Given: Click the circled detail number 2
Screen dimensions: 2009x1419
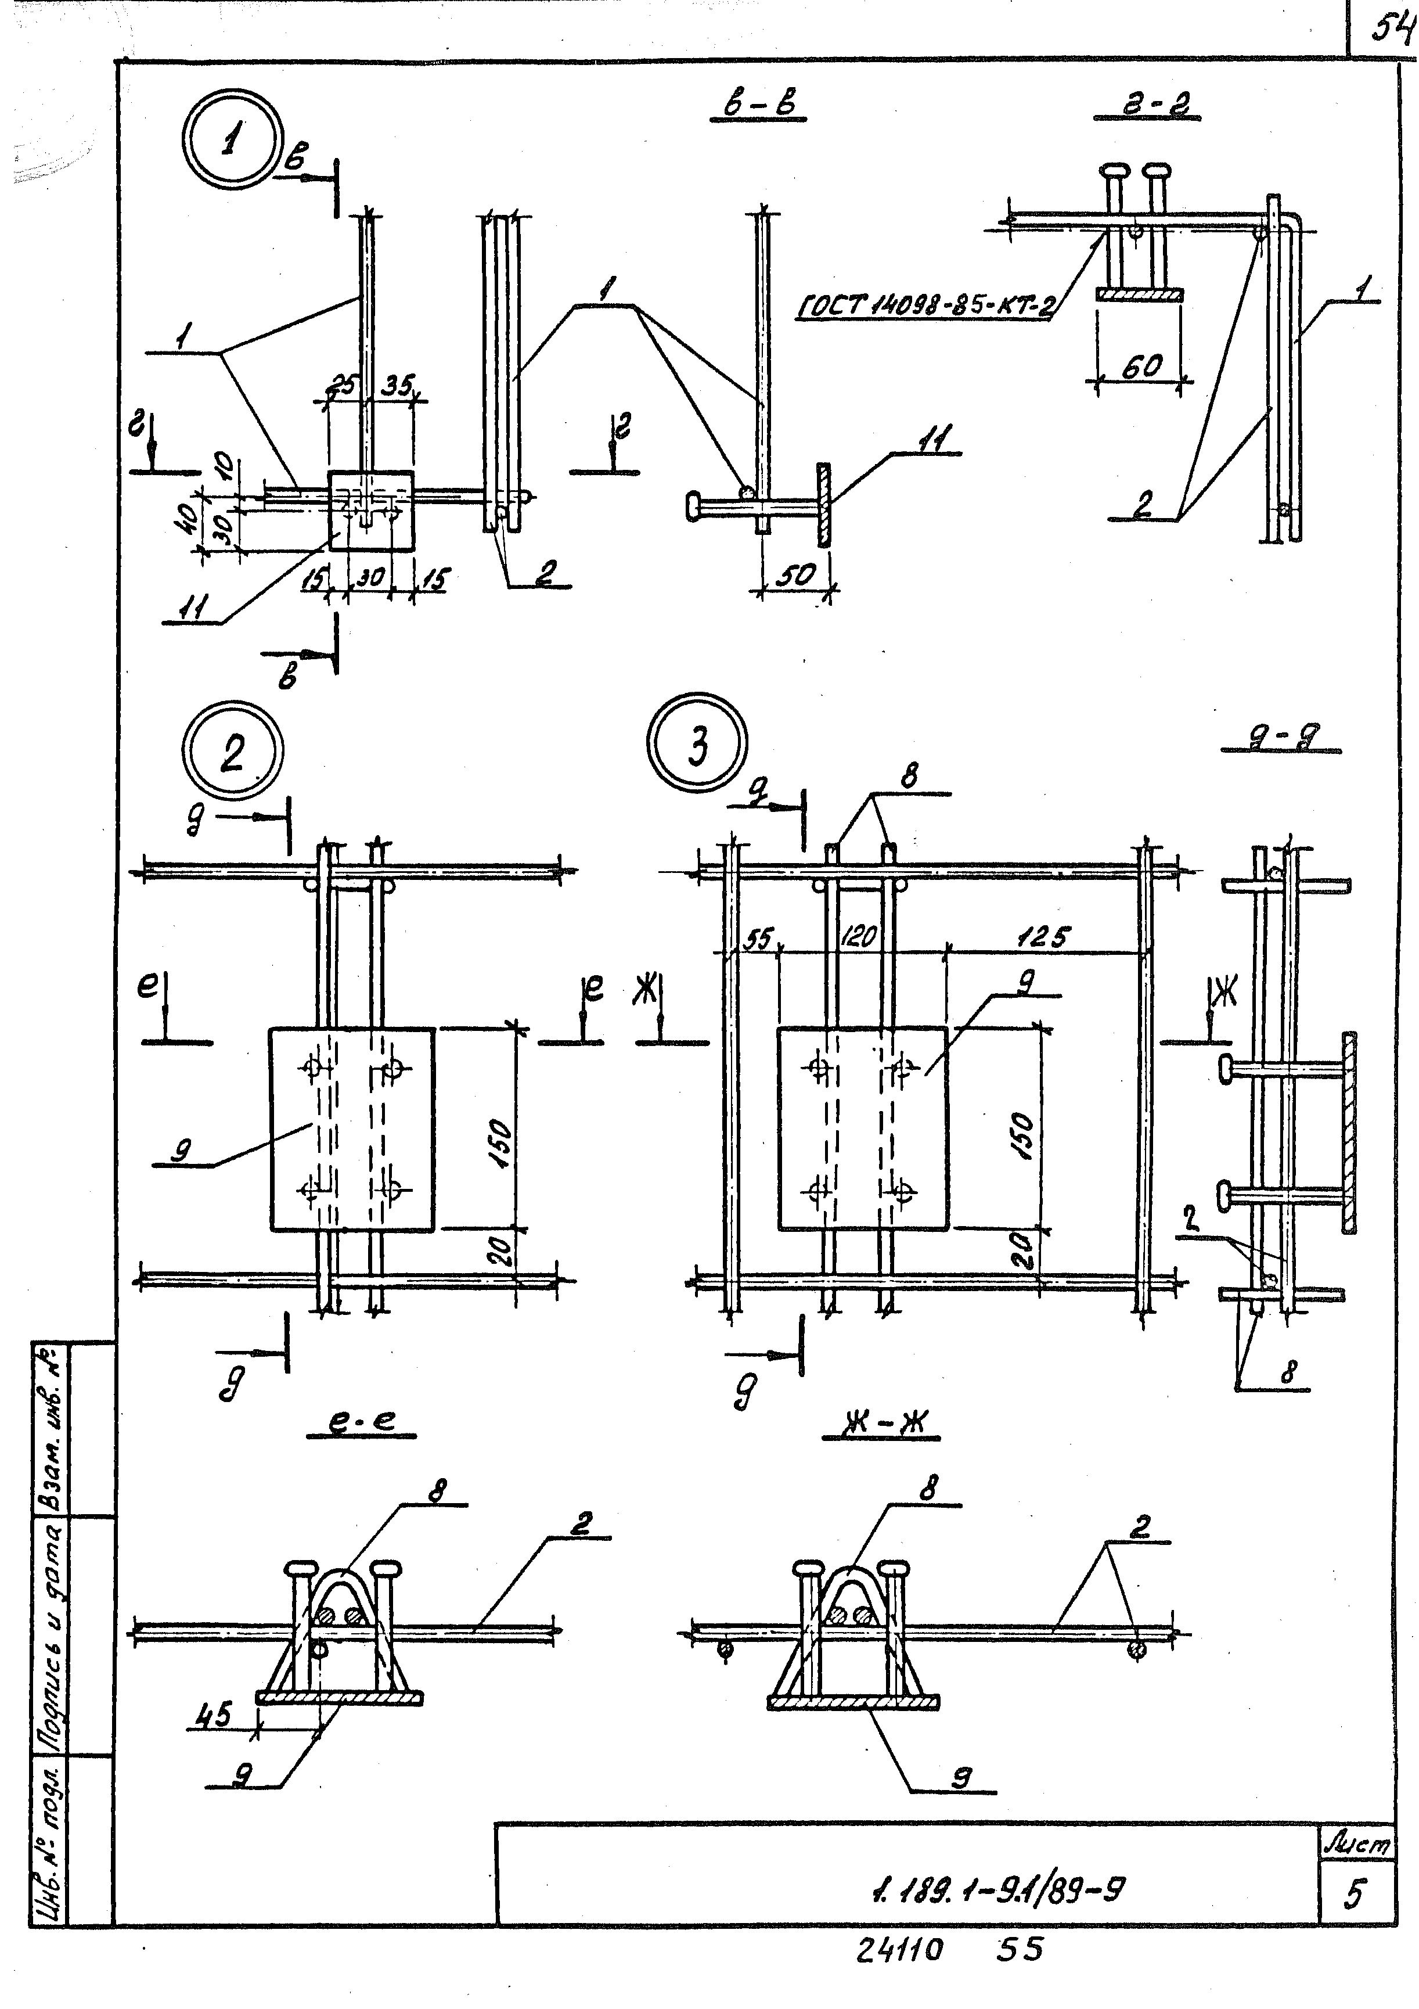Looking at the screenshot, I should (233, 751).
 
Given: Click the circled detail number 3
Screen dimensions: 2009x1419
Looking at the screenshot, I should (697, 746).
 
